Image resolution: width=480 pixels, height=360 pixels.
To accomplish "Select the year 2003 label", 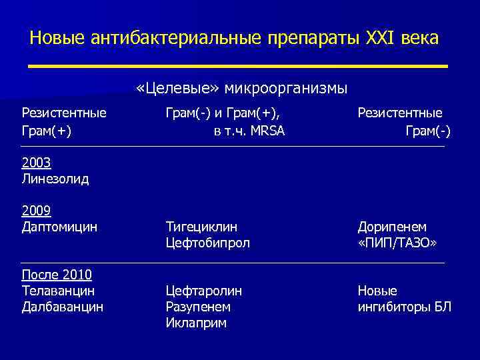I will coord(36,162).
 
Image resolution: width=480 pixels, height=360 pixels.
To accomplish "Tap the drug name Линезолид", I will coord(55,179).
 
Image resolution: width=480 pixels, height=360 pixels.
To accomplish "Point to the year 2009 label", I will coord(36,211).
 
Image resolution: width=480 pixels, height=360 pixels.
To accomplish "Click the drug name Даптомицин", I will coord(59,227).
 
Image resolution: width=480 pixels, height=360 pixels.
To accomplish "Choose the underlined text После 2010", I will coord(57,275).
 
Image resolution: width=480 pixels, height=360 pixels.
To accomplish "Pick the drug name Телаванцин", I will coord(58,291).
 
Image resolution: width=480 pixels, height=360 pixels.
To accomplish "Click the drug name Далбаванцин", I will coord(62,307).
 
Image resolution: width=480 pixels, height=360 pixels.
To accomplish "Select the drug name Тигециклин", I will coord(201,227).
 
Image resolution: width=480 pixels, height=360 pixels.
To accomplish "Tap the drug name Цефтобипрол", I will coord(207,243).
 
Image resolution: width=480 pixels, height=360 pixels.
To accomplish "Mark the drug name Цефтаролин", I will coord(203,291).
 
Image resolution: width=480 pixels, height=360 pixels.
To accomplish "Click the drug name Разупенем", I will coord(198,307).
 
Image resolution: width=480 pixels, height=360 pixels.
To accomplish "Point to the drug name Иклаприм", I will coord(196,323).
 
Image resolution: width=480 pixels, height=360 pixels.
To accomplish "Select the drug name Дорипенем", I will coord(392,227).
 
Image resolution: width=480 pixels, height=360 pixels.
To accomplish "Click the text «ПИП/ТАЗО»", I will coord(397,243).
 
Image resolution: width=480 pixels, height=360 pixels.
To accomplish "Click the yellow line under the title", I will coord(238,65).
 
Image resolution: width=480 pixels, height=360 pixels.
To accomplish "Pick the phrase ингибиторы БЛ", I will coord(404,307).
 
